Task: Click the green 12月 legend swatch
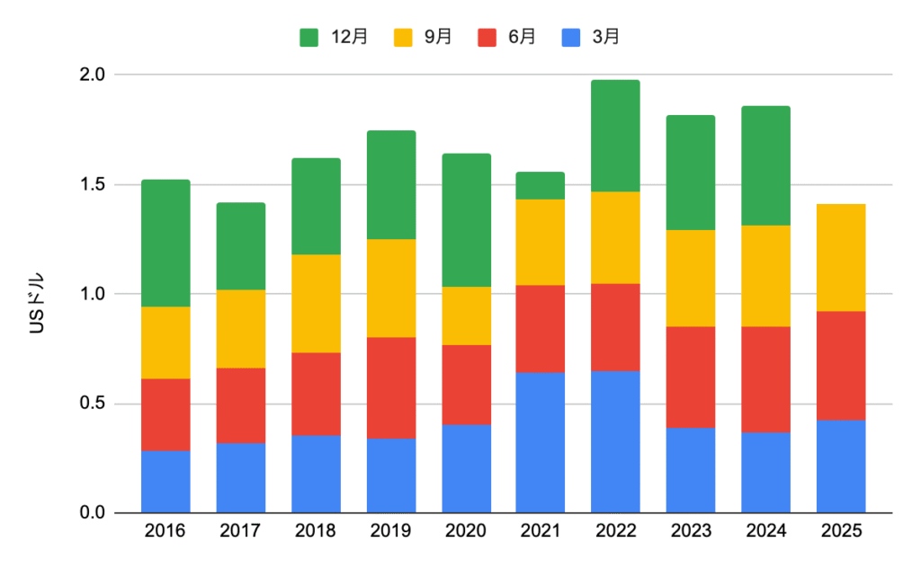tap(308, 37)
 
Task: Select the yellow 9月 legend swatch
tap(404, 37)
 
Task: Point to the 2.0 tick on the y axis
tap(93, 75)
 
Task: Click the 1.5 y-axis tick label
tap(93, 184)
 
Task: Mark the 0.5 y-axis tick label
tap(93, 404)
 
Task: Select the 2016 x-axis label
tap(165, 531)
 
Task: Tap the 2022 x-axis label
tap(615, 531)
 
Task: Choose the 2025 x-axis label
tap(841, 531)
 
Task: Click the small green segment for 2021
tap(540, 185)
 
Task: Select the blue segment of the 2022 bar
tap(615, 441)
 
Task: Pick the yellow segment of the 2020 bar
tap(465, 316)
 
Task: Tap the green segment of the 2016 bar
tap(165, 243)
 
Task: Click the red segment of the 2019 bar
tap(390, 387)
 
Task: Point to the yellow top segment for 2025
tap(841, 257)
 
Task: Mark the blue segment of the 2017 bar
tap(240, 477)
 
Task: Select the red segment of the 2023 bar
tap(691, 377)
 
